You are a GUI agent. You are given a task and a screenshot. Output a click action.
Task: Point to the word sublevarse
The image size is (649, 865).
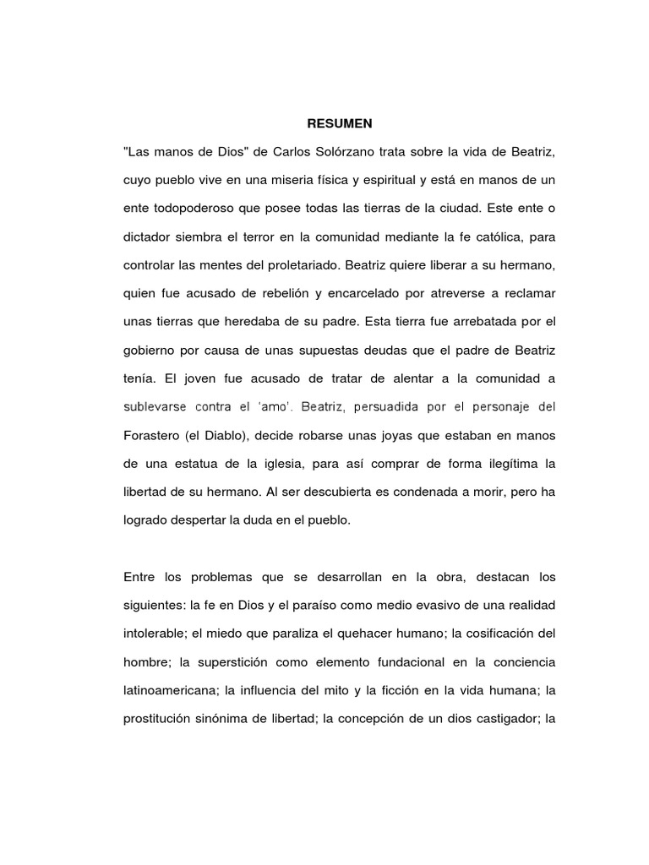(x=153, y=407)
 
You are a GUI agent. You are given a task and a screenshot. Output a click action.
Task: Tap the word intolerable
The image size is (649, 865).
(x=153, y=636)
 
